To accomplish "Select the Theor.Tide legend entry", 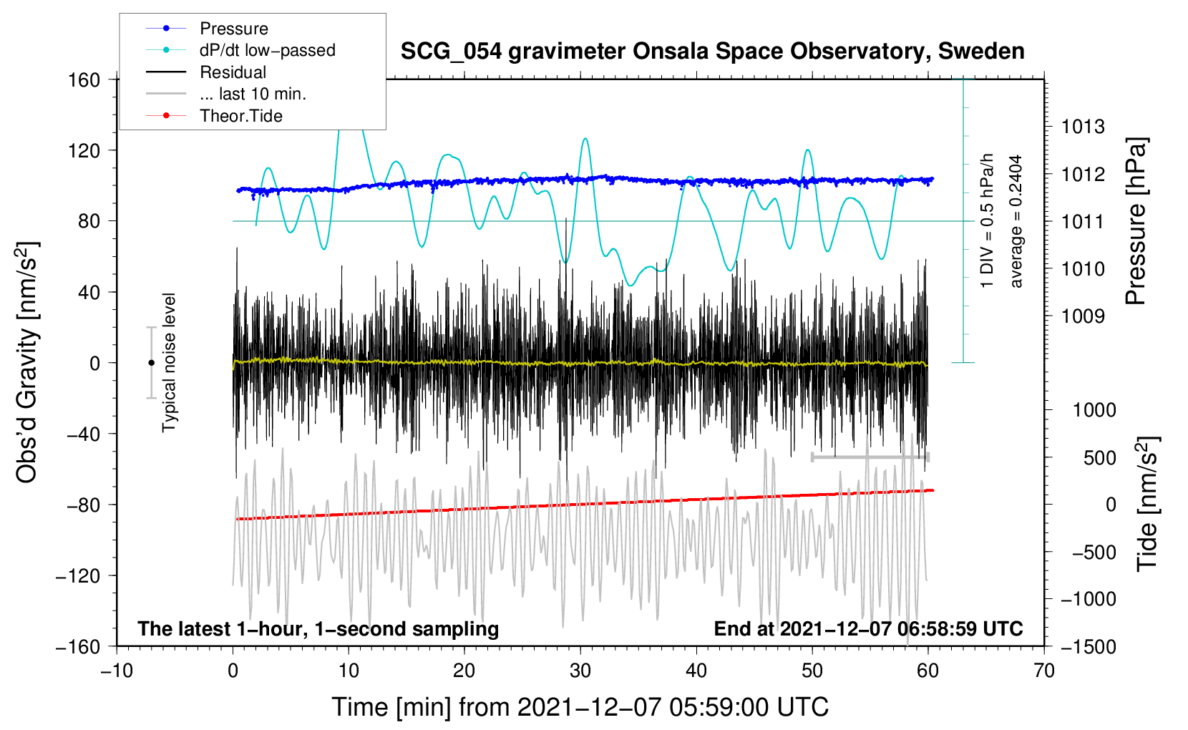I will pyautogui.click(x=240, y=116).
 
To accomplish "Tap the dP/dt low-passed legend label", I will pyautogui.click(x=267, y=50).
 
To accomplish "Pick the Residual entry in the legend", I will pyautogui.click(x=233, y=72).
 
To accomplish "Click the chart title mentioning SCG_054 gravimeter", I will pyautogui.click(x=712, y=52).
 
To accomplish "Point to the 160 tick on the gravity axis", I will pyautogui.click(x=84, y=79).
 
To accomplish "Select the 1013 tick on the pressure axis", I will pyautogui.click(x=1083, y=127).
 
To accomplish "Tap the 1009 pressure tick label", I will pyautogui.click(x=1083, y=316).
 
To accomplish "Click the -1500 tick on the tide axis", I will pyautogui.click(x=1089, y=646).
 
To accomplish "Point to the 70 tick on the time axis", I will pyautogui.click(x=1044, y=671).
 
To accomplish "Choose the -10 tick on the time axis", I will pyautogui.click(x=117, y=671).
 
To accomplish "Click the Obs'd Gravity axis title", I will pyautogui.click(x=27, y=363).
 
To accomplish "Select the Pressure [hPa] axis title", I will pyautogui.click(x=1136, y=221).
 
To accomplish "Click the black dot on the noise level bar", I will pyautogui.click(x=152, y=363).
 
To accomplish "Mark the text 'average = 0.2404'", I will pyautogui.click(x=1016, y=221).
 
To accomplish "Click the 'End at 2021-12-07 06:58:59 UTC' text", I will pyautogui.click(x=868, y=628).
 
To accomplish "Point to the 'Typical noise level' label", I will pyautogui.click(x=169, y=363).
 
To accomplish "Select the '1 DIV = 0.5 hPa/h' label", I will pyautogui.click(x=988, y=221).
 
